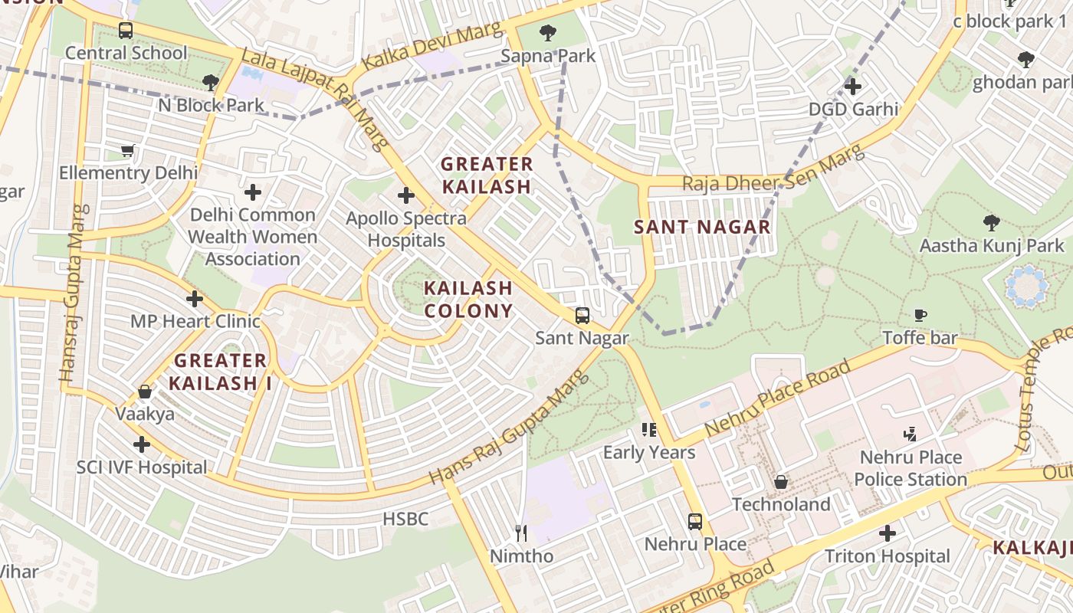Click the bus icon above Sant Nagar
click(x=582, y=316)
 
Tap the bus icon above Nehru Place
click(x=694, y=522)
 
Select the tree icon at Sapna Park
click(x=547, y=33)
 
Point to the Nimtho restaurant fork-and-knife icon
click(x=521, y=533)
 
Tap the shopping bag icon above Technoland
click(x=780, y=482)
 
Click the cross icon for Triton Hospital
click(x=888, y=533)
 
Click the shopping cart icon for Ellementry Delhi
click(x=128, y=150)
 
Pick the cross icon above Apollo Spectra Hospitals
click(x=406, y=195)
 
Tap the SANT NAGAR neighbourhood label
click(x=702, y=227)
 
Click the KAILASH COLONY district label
click(x=468, y=300)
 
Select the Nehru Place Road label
click(x=777, y=398)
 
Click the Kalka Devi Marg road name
click(x=432, y=47)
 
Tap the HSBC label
click(x=405, y=519)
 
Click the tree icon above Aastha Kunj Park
click(x=991, y=223)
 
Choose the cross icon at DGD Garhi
click(x=852, y=87)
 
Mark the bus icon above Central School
click(x=126, y=31)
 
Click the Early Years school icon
click(x=649, y=430)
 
